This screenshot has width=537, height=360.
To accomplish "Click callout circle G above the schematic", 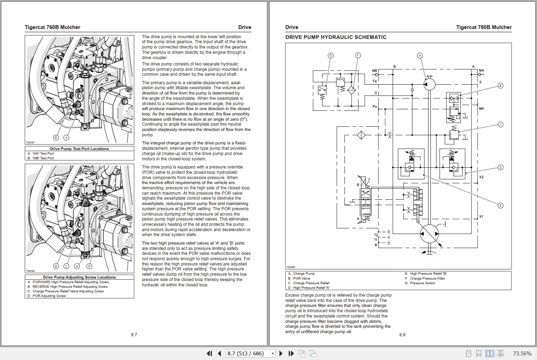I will pos(331,56).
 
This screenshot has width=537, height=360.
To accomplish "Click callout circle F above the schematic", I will pos(358,56).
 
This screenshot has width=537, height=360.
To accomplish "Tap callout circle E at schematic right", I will pos(500,205).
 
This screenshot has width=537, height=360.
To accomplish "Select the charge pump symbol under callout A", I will pos(429,84).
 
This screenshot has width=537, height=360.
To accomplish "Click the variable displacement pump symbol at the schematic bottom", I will pos(429,234).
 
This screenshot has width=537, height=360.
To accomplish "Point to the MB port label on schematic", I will pos(375,71).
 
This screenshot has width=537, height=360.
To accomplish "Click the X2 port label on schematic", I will pos(481,177).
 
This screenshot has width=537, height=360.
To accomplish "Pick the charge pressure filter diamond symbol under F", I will pos(352,90).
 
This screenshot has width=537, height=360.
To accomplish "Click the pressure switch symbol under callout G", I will pos(322,90).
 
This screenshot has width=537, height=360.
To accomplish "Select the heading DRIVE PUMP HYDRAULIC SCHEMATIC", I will pos(336,37).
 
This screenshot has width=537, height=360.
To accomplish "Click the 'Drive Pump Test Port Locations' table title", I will pos(79,149).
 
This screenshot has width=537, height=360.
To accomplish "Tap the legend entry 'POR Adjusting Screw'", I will pos(49,296).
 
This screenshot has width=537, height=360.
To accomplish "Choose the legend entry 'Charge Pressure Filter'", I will pos(427,278).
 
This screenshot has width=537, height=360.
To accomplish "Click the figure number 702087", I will pos(30,142).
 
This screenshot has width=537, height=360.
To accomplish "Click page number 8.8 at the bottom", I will pos(402,335).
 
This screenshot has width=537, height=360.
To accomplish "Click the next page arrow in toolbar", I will pos(281,353).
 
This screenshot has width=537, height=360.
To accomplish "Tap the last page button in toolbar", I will pos(291,353).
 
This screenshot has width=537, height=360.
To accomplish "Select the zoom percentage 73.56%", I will pos(522,353).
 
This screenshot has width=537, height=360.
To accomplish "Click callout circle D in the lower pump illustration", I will pos(89,266).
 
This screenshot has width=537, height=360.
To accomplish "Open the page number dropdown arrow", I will pos(273,353).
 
